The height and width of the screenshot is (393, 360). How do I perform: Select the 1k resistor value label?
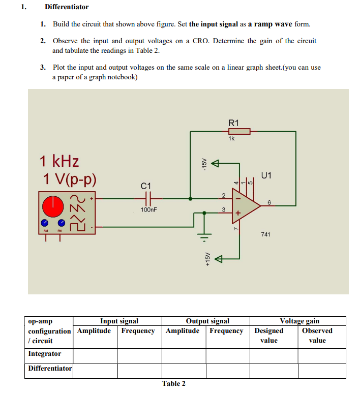pyautogui.click(x=232, y=139)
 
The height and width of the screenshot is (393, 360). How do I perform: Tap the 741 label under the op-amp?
pyautogui.click(x=265, y=234)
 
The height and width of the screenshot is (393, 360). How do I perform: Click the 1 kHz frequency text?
pyautogui.click(x=59, y=162)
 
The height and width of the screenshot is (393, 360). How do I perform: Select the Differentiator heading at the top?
pyautogui.click(x=67, y=7)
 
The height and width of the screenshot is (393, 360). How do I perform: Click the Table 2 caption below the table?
pyautogui.click(x=174, y=383)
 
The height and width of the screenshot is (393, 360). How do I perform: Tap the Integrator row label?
pyautogui.click(x=45, y=354)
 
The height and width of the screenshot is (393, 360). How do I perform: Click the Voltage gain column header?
pyautogui.click(x=300, y=321)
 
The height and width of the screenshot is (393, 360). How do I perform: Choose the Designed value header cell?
pyautogui.click(x=268, y=336)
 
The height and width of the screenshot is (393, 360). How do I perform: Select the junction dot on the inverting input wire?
pyautogui.click(x=190, y=198)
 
